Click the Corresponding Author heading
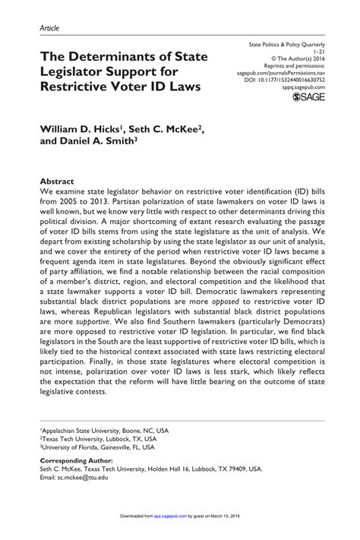(x=76, y=461)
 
